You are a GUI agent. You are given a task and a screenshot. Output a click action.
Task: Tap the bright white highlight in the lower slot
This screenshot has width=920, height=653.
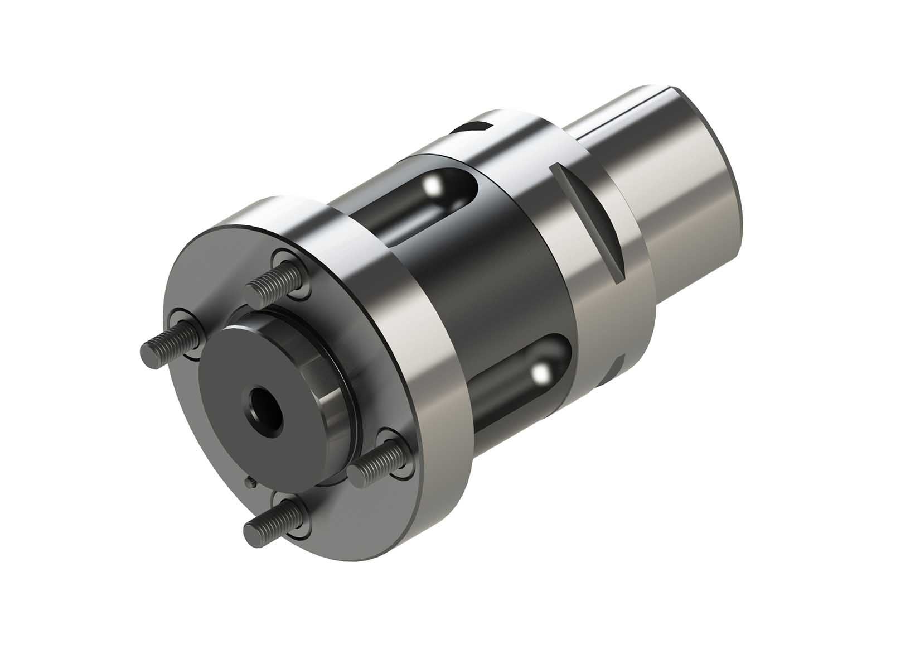click(539, 374)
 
